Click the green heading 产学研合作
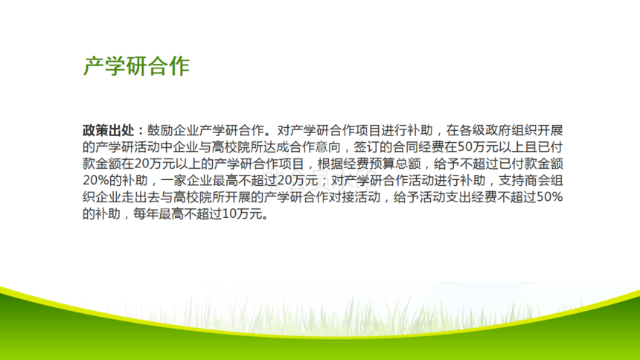click(x=137, y=66)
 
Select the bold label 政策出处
click(x=108, y=131)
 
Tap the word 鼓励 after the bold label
click(x=160, y=131)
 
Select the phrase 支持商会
click(x=524, y=181)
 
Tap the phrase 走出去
click(x=141, y=198)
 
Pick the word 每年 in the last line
click(x=146, y=214)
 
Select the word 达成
click(x=275, y=147)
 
